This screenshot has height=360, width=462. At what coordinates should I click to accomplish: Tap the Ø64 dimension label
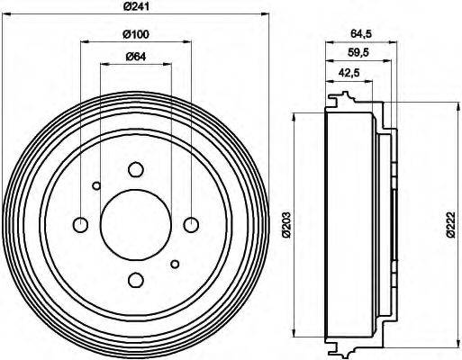135,59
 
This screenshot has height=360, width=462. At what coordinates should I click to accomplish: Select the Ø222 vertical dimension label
451,224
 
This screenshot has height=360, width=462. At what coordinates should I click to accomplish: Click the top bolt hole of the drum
135,169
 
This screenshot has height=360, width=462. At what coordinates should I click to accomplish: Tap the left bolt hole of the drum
80,224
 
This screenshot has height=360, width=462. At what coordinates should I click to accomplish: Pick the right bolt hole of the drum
191,224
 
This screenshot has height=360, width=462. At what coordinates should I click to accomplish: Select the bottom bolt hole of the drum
135,279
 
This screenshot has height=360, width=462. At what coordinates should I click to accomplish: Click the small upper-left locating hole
96,186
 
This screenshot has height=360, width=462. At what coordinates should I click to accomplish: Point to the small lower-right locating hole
175,263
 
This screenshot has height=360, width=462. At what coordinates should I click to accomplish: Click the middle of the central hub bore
135,224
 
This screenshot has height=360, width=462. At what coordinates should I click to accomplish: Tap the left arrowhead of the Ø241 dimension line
5,14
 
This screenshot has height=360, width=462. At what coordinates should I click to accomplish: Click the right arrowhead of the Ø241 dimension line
266,14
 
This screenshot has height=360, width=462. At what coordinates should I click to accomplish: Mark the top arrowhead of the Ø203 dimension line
295,115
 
